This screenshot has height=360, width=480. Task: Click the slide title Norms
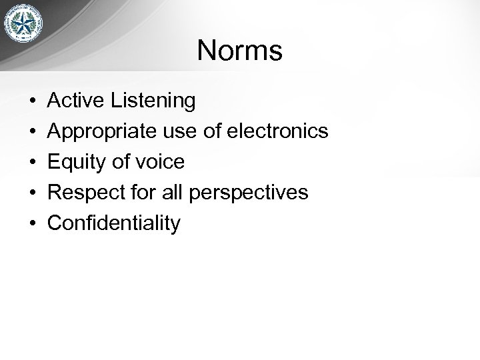pyautogui.click(x=240, y=51)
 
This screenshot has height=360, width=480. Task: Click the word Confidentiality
pyautogui.click(x=114, y=223)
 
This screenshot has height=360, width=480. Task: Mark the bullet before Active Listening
pyautogui.click(x=32, y=101)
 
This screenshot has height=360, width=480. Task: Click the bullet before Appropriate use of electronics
pyautogui.click(x=32, y=132)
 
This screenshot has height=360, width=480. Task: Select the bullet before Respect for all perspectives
pyautogui.click(x=32, y=193)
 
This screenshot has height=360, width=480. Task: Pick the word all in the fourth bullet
pyautogui.click(x=175, y=193)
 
